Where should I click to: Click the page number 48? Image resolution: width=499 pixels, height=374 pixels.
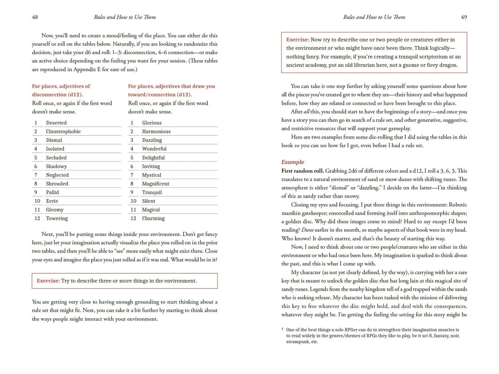[35, 17]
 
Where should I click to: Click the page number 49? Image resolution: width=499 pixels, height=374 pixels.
[464, 17]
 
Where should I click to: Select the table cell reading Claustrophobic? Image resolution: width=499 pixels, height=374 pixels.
[63, 132]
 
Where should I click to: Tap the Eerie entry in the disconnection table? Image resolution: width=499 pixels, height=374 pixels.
[52, 201]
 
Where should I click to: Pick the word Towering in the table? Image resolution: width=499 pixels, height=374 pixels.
[57, 218]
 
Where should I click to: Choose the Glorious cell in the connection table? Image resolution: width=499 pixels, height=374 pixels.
[152, 123]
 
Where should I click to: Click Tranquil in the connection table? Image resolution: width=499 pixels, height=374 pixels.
[152, 193]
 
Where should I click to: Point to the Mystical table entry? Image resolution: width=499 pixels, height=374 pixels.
[152, 175]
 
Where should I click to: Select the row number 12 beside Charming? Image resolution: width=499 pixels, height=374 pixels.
[133, 218]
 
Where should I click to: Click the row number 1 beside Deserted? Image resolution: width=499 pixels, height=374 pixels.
[36, 123]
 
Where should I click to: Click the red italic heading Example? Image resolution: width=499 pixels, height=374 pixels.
[293, 162]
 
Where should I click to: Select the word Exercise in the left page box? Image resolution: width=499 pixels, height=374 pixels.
[48, 281]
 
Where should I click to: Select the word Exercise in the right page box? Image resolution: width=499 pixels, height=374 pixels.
[297, 40]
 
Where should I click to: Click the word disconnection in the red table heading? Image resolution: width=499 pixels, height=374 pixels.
[48, 95]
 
